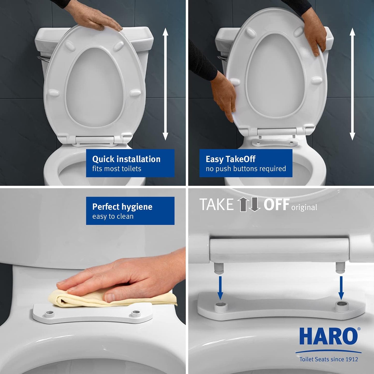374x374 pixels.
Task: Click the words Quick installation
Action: (x=126, y=159)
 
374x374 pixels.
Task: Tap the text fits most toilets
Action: (x=117, y=169)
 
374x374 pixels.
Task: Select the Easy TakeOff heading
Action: (x=230, y=159)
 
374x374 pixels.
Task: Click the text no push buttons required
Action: (x=246, y=169)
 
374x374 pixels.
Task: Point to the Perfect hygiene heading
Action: (x=122, y=207)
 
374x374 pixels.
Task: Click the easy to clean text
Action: (x=113, y=216)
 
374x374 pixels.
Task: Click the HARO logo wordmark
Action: (x=328, y=336)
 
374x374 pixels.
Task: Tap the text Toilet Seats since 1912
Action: (x=328, y=359)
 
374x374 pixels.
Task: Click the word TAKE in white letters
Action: (x=217, y=205)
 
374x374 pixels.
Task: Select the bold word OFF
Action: (x=276, y=205)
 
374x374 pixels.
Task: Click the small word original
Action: (x=304, y=208)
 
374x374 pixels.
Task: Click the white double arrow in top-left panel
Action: (x=165, y=84)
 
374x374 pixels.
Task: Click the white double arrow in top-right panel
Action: (x=352, y=84)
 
